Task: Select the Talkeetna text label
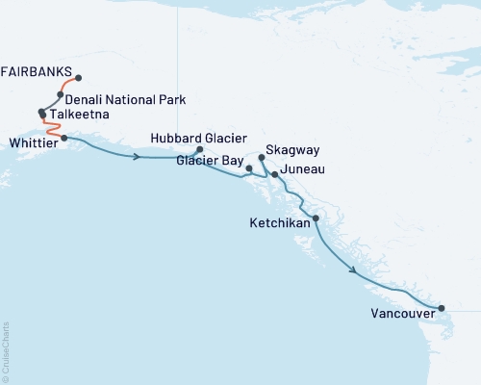83,115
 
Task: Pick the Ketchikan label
279,222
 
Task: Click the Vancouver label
401,313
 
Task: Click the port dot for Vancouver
442,308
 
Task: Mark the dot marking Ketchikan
316,218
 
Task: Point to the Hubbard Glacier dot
199,150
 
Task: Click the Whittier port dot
63,138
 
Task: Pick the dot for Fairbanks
78,78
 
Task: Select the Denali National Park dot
60,95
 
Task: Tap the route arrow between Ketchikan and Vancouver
356,270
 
